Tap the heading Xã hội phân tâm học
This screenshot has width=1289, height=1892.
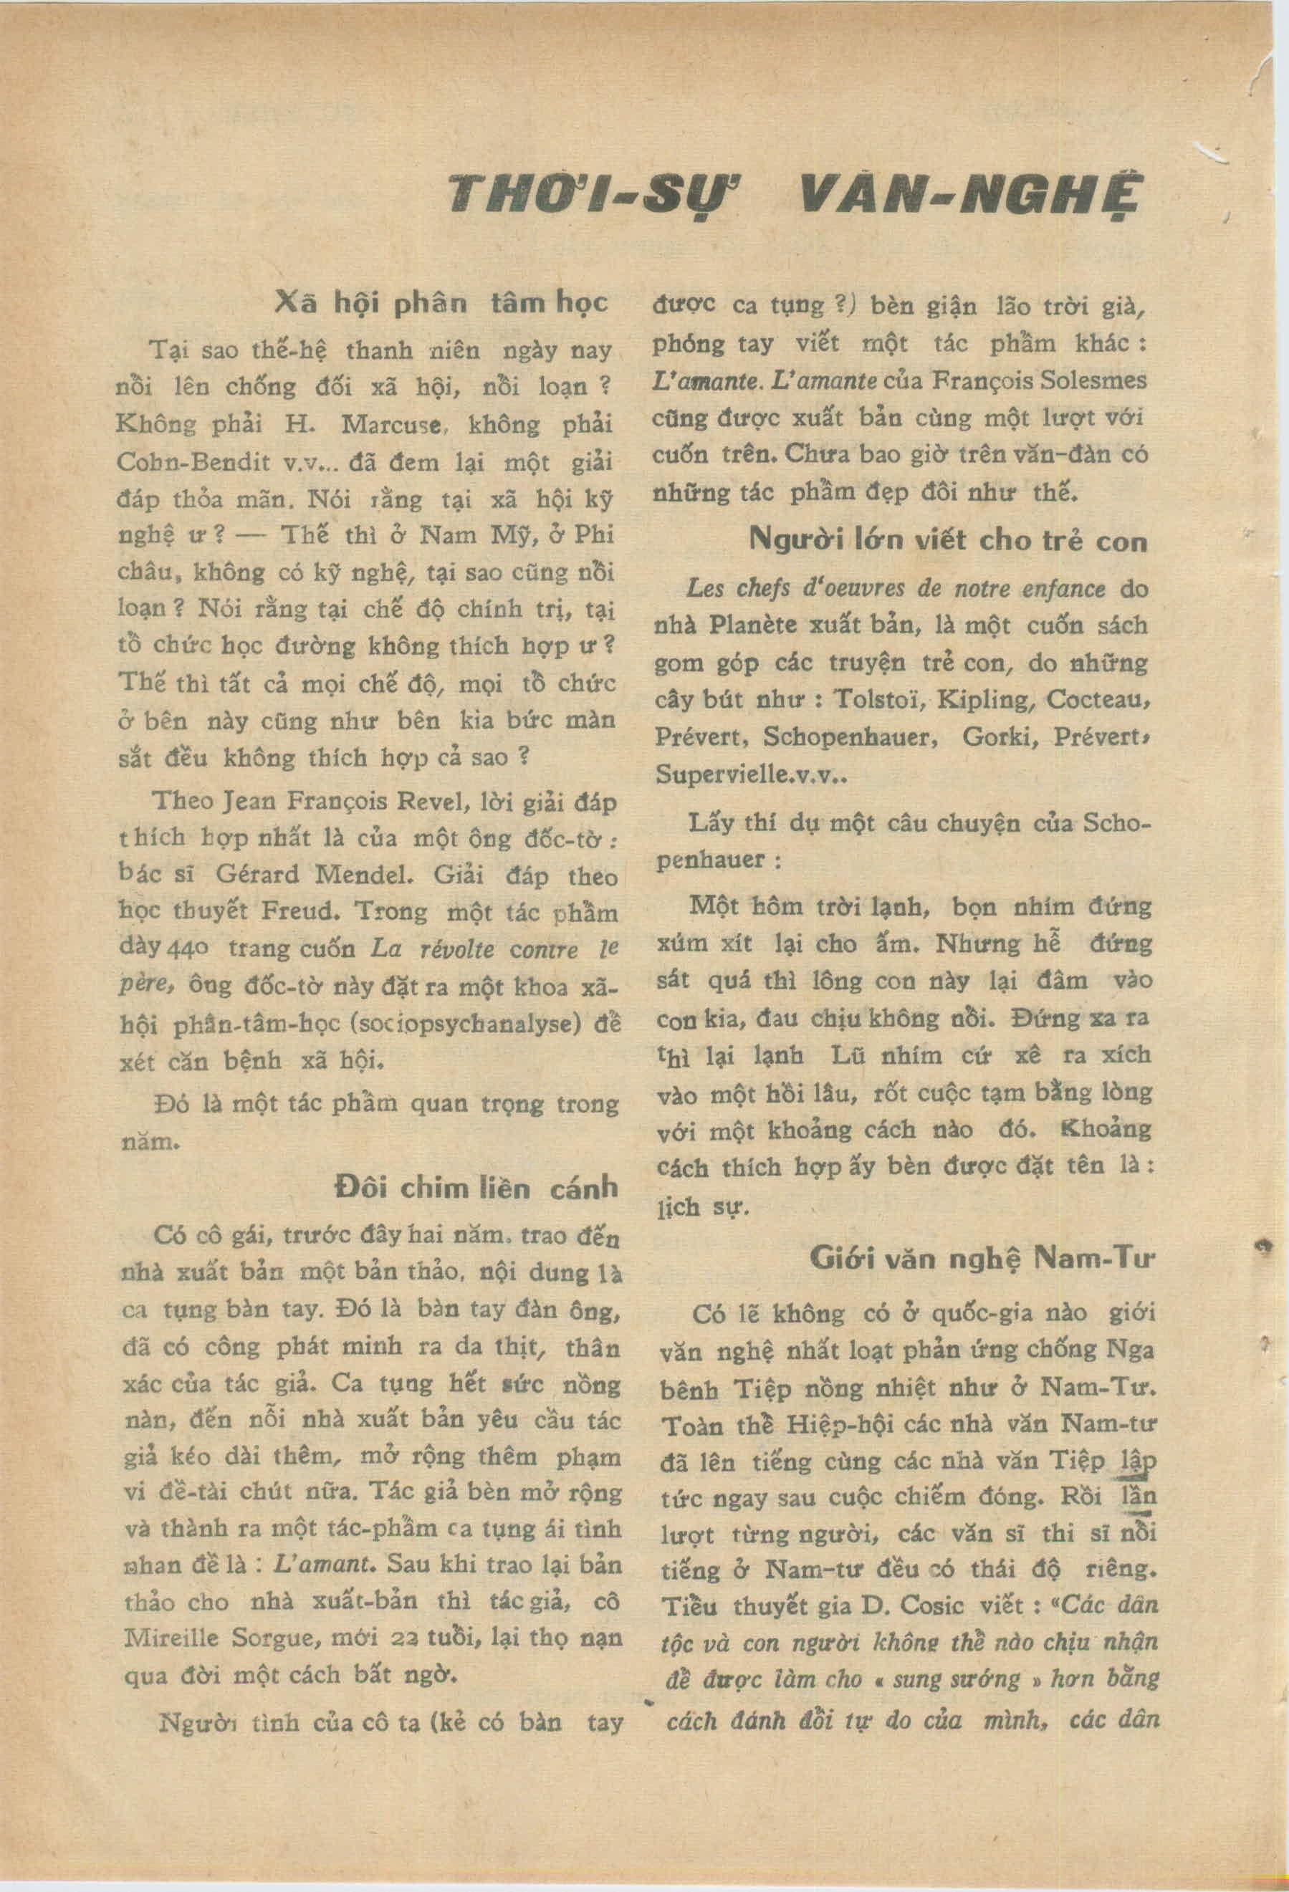442,303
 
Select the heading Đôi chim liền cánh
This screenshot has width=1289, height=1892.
477,1188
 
